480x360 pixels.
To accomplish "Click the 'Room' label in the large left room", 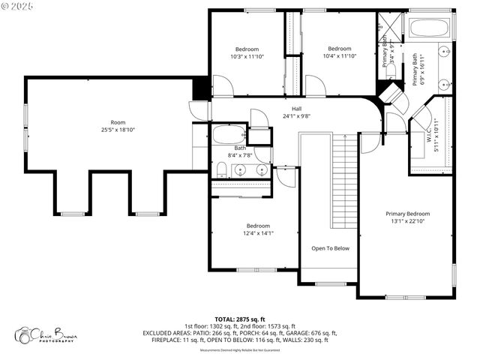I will (x=118, y=122).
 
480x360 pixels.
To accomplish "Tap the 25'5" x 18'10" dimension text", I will (x=118, y=130).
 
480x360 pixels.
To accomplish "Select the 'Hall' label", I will (x=296, y=108).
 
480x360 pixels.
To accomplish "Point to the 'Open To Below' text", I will (x=330, y=248).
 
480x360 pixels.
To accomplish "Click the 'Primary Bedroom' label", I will (x=408, y=214).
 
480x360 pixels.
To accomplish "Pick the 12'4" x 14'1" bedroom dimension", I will (x=258, y=233).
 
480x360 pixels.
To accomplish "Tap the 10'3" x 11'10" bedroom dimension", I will (x=247, y=55).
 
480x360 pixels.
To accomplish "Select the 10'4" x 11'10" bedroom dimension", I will (x=339, y=55).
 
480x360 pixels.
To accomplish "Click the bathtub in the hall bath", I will (x=229, y=136).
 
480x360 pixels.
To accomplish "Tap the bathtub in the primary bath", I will (x=428, y=28).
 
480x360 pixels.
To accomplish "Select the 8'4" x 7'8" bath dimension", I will (x=239, y=155).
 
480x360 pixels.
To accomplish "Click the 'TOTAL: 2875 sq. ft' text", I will (x=239, y=319).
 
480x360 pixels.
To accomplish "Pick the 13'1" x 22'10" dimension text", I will (x=408, y=221).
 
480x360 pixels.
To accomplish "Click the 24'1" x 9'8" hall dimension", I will (x=296, y=115).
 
